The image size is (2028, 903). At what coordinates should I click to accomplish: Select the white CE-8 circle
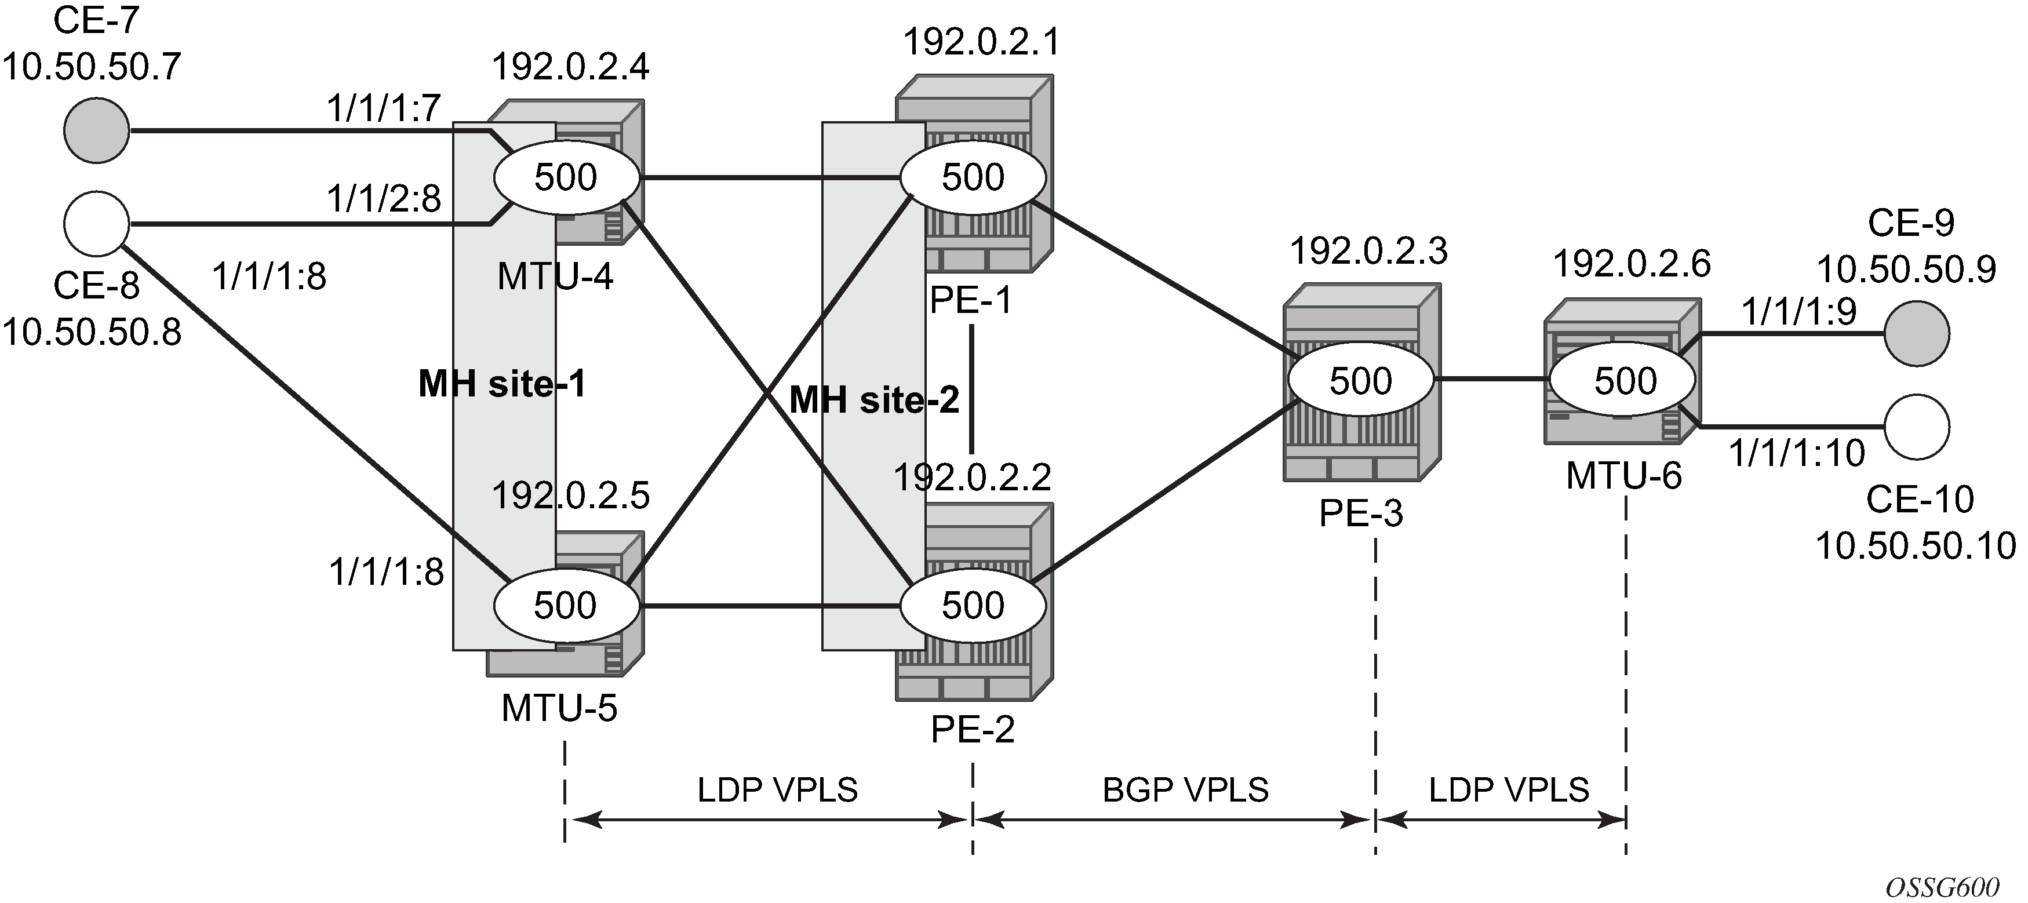tap(96, 224)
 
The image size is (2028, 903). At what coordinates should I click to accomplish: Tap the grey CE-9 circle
tap(1917, 334)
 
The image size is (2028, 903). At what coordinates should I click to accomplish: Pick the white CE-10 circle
tap(1917, 427)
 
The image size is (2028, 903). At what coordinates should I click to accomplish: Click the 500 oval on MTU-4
tap(567, 177)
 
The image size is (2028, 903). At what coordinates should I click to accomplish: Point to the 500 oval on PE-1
tap(973, 177)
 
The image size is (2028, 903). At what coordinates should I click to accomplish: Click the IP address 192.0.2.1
tap(981, 42)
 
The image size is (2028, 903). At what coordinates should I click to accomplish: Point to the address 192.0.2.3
tap(1368, 251)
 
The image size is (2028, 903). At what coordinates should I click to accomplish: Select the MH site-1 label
tap(503, 384)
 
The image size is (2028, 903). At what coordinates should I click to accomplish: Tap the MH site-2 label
tap(874, 400)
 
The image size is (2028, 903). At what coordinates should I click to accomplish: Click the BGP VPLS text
tap(1185, 789)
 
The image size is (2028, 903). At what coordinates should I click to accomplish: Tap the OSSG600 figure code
tap(1942, 887)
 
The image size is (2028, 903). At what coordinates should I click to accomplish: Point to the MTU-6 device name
tap(1623, 475)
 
